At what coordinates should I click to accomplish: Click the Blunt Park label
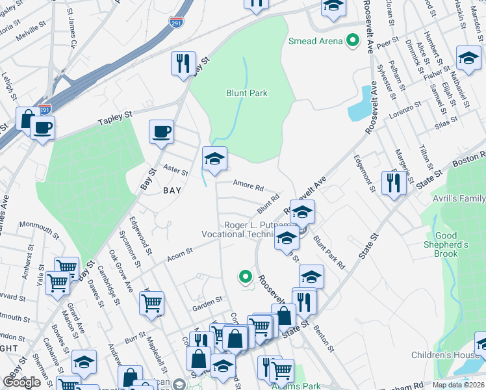click(246, 93)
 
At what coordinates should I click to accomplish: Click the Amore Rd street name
click(248, 187)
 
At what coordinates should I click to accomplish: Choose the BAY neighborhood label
click(172, 190)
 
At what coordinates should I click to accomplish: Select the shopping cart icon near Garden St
click(151, 302)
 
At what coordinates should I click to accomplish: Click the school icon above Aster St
click(214, 158)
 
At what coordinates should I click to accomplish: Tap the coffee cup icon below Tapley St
click(161, 131)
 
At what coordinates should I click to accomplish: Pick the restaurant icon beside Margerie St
click(394, 183)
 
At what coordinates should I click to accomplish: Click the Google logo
click(21, 382)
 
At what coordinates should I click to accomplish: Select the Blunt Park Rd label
click(329, 253)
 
